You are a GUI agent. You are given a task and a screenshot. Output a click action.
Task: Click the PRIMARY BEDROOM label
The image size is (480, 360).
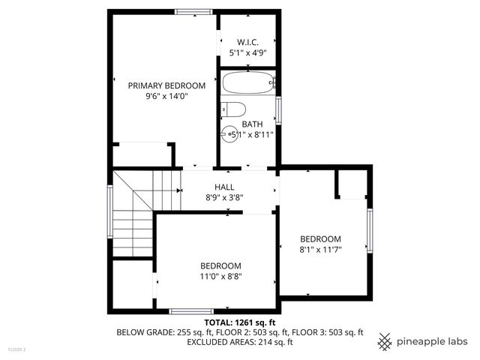click(x=166, y=85)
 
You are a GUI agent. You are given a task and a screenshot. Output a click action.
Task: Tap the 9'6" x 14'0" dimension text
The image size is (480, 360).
click(x=166, y=96)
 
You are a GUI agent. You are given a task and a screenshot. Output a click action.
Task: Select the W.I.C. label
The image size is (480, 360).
click(x=248, y=42)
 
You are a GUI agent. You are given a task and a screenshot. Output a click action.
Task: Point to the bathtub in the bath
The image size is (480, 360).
click(x=248, y=82)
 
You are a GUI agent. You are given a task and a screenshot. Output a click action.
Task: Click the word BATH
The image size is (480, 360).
click(x=252, y=124)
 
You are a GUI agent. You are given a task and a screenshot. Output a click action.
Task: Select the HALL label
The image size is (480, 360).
click(x=224, y=187)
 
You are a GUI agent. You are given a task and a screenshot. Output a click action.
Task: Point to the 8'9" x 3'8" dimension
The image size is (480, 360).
click(x=224, y=198)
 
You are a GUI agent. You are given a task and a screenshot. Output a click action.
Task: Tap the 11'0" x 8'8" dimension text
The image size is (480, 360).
click(x=220, y=276)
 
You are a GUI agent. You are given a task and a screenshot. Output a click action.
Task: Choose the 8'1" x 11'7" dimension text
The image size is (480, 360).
click(x=320, y=250)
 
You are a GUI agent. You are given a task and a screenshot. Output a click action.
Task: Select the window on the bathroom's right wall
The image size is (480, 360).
click(x=278, y=109)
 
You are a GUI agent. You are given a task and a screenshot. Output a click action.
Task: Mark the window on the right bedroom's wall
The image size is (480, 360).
click(x=369, y=231)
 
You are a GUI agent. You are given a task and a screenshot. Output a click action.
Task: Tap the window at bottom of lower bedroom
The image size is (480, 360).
click(x=191, y=310)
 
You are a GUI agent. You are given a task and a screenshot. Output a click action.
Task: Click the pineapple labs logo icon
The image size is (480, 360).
click(x=385, y=341)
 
